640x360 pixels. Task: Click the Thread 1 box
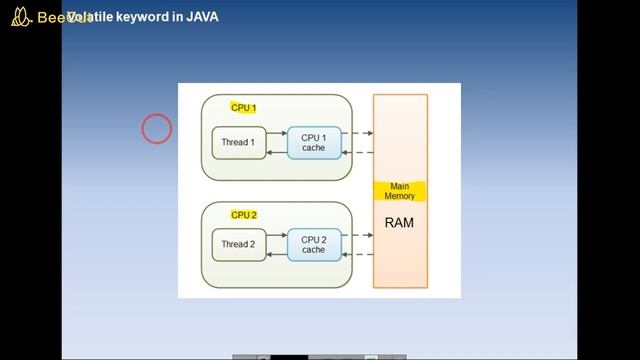point(238,143)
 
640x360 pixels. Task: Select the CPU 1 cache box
point(314,143)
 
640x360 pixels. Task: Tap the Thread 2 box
point(238,244)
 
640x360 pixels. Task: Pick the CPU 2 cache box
point(314,244)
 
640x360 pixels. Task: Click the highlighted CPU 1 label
point(244,108)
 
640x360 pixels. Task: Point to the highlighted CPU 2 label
point(244,215)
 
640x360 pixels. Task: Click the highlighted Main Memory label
point(400,191)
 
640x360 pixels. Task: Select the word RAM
point(399,222)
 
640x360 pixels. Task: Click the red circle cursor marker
point(157,129)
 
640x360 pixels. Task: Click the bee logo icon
point(19,17)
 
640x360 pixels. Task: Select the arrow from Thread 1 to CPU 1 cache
point(277,133)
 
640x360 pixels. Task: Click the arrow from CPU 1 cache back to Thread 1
point(277,152)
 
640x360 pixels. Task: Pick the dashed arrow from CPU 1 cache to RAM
point(357,133)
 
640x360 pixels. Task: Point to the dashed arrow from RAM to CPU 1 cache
point(357,152)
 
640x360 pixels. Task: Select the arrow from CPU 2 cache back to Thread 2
point(277,254)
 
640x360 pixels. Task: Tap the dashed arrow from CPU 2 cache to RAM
point(357,235)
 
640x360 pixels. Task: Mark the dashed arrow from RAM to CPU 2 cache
point(357,254)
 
